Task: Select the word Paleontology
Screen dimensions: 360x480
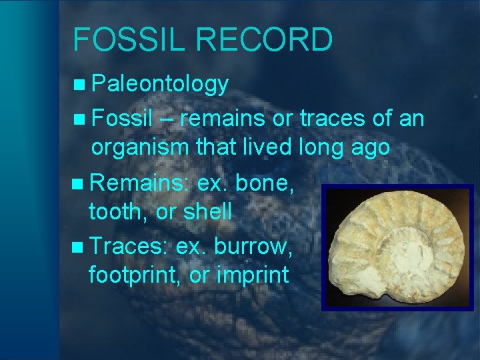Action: (160, 84)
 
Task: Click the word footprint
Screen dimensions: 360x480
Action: (133, 275)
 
